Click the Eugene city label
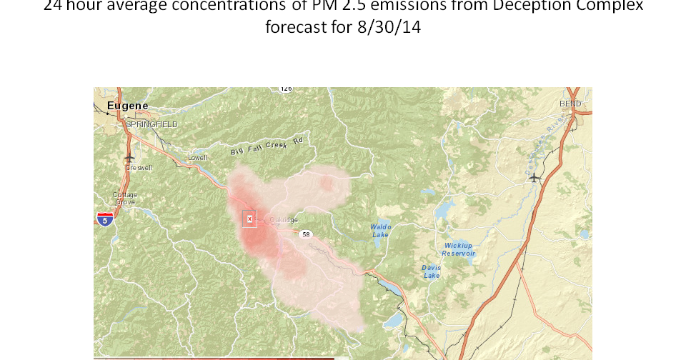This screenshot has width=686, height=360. pos(127,106)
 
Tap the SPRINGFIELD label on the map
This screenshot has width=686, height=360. pos(151,124)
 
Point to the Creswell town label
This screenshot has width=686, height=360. pos(139,168)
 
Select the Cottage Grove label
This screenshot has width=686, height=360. pos(125,198)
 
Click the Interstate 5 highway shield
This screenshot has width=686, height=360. pos(105,219)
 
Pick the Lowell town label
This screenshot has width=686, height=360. pos(197,158)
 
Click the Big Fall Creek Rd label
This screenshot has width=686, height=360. pos(267,146)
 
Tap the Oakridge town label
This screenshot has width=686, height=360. pos(284,220)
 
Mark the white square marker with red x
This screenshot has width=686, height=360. pos(249,219)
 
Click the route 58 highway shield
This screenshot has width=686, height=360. pos(305,234)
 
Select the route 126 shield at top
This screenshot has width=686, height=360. pos(286,89)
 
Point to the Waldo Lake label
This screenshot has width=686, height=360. pos(380,231)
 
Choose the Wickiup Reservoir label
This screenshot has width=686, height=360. pos(458,249)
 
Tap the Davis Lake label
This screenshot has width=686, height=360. pos(431,271)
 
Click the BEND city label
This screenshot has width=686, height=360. pos(570,104)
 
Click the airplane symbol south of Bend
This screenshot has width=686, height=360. pos(533,178)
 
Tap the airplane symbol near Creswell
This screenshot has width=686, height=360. pos(129,158)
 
